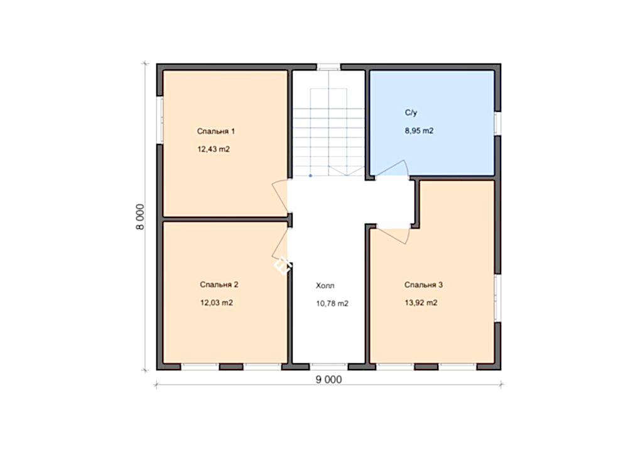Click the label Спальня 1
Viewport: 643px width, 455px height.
point(216,131)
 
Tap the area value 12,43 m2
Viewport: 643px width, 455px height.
point(213,150)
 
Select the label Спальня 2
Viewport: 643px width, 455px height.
point(219,284)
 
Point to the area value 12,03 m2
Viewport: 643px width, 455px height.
point(217,303)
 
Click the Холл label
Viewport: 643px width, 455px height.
point(325,285)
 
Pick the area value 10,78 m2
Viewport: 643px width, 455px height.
point(332,304)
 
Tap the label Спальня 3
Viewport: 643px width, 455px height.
point(424,285)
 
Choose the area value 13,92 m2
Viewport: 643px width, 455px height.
point(421,303)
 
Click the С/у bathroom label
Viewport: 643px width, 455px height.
point(411,112)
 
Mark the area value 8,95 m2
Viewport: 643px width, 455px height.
point(419,131)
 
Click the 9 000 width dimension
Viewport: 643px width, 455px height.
point(328,380)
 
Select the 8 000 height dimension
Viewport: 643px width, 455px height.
point(140,217)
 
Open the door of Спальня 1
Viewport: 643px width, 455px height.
point(281,197)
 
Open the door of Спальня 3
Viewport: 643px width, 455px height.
point(393,236)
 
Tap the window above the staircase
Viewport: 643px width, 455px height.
point(328,67)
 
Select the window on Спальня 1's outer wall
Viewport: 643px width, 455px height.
point(160,120)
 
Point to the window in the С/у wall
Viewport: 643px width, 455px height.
point(497,124)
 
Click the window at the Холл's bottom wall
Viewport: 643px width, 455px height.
point(328,366)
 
